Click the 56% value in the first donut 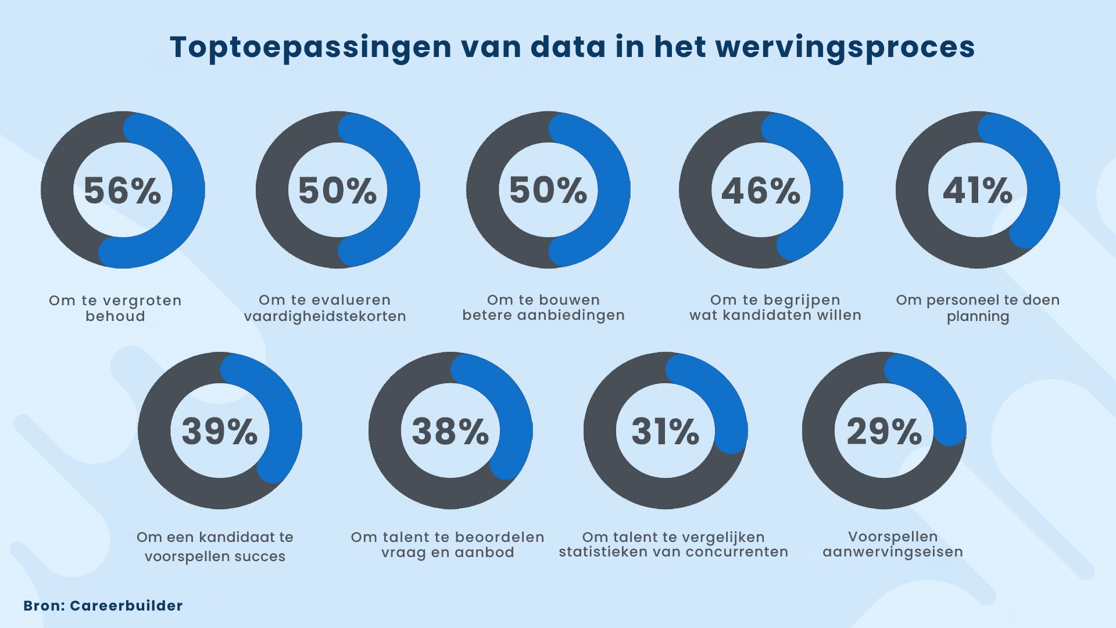pyautogui.click(x=123, y=191)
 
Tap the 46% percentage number pyautogui.click(x=761, y=191)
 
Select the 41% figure pyautogui.click(x=978, y=191)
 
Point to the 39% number pyautogui.click(x=220, y=431)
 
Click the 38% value pyautogui.click(x=450, y=431)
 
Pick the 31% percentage pyautogui.click(x=666, y=431)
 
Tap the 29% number pyautogui.click(x=884, y=431)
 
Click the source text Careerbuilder pyautogui.click(x=126, y=606)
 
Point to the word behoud pyautogui.click(x=115, y=316)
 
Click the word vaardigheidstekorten pyautogui.click(x=325, y=316)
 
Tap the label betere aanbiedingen pyautogui.click(x=543, y=315)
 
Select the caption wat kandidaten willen pyautogui.click(x=775, y=315)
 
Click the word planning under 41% pyautogui.click(x=978, y=317)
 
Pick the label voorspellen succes pyautogui.click(x=215, y=556)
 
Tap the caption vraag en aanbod pyautogui.click(x=448, y=552)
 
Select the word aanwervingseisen pyautogui.click(x=893, y=552)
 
